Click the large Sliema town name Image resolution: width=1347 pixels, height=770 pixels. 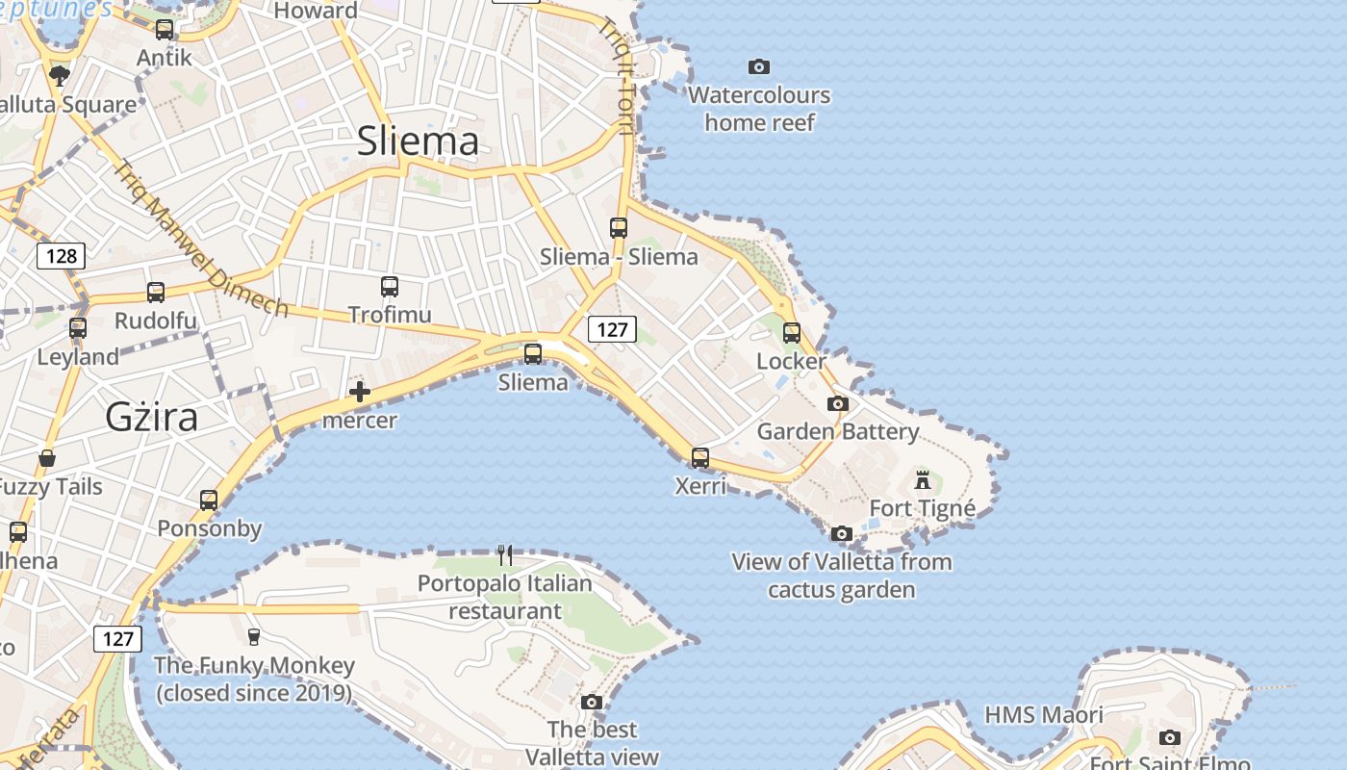click(418, 141)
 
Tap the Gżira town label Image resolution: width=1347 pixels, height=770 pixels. click(151, 417)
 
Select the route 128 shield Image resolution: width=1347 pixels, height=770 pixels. click(62, 256)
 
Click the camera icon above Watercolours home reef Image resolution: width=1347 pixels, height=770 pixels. click(759, 66)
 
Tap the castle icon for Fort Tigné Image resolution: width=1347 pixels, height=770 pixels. click(923, 479)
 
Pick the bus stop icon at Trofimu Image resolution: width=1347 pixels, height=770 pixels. click(389, 287)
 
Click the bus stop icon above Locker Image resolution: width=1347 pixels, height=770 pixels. click(792, 333)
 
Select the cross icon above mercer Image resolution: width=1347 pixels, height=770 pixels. click(360, 392)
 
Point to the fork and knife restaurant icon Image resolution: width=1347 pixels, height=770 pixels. click(505, 554)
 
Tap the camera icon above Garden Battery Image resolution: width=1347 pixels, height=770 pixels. click(838, 403)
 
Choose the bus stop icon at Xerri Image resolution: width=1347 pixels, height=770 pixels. click(700, 458)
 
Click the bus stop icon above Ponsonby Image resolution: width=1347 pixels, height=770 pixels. click(209, 500)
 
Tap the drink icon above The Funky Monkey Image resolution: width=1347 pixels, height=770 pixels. click(254, 636)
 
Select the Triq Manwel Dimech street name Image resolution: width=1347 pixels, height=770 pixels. click(201, 239)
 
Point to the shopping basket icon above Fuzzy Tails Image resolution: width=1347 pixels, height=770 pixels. click(47, 458)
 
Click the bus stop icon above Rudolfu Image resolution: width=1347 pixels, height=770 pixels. click(155, 293)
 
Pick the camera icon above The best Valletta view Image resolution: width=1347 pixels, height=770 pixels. click(592, 702)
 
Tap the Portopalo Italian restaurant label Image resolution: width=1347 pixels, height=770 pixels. click(505, 597)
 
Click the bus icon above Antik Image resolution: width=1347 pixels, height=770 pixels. click(165, 30)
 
